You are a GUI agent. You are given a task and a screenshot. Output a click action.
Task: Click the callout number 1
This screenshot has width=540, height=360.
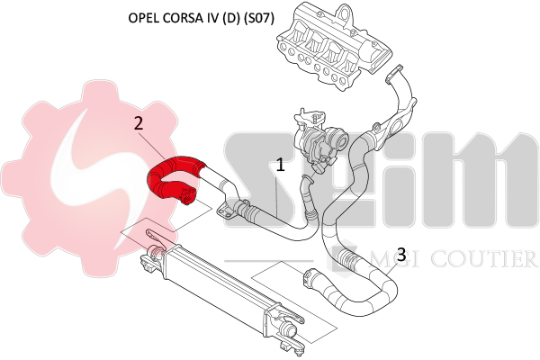281,165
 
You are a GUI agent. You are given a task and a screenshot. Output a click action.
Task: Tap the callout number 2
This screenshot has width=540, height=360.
139,123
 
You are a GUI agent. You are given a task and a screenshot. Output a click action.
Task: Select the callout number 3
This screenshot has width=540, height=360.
401,255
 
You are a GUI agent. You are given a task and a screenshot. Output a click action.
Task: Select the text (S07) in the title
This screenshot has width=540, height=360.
259,18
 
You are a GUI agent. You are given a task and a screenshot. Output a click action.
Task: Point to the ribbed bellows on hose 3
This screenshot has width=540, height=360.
347,257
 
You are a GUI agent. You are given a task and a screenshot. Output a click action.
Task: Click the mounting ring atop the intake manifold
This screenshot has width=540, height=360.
343,14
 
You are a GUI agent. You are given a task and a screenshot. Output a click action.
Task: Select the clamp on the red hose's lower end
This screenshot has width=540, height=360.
187,195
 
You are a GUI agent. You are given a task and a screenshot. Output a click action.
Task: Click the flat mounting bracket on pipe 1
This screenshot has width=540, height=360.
223,210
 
